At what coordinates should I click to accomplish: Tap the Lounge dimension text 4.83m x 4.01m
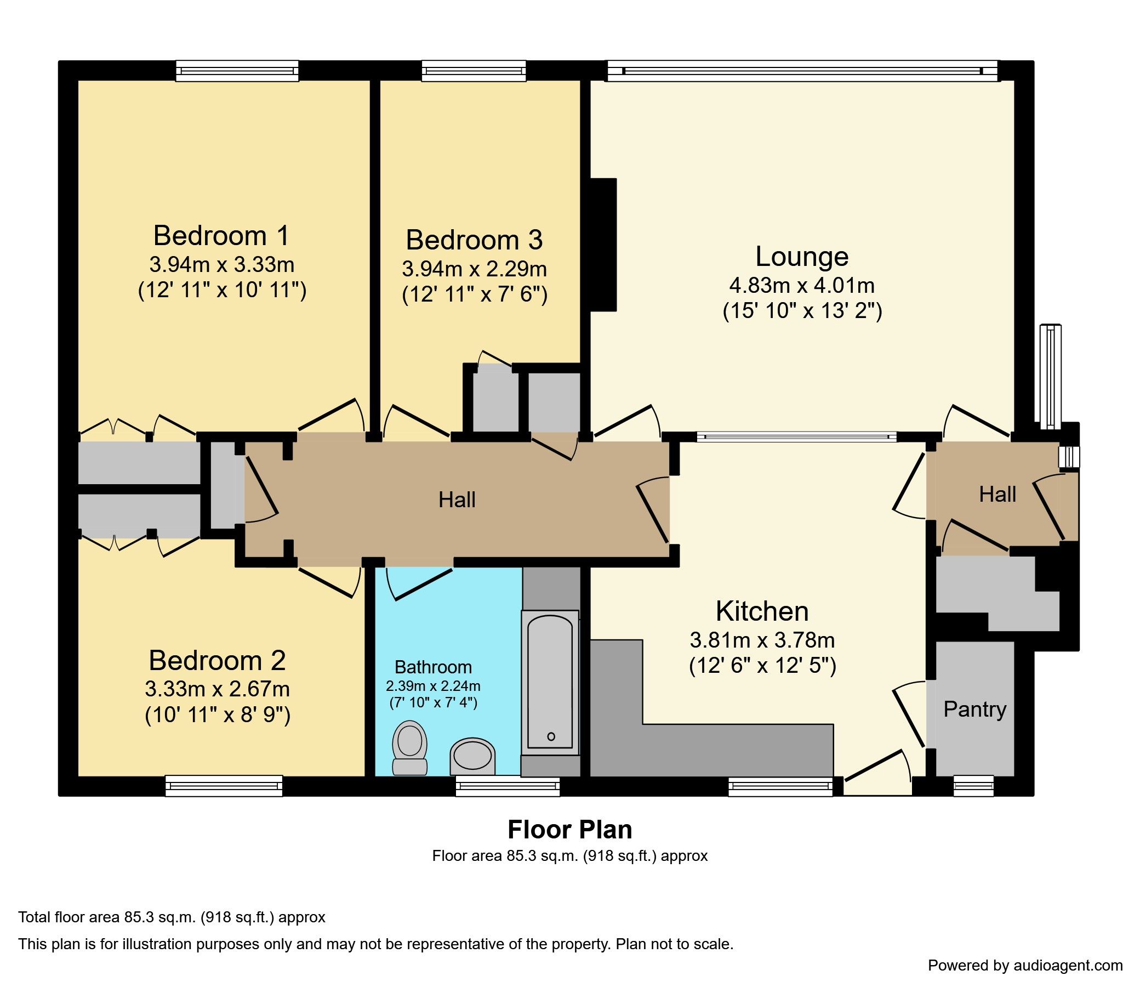801,285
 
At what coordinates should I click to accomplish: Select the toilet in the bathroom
409,746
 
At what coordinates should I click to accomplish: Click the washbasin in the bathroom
472,756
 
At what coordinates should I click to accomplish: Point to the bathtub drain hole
551,736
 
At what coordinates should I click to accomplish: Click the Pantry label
974,710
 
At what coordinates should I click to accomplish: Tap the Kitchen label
762,611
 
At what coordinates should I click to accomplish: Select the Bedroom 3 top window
474,71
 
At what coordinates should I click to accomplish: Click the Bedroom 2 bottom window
224,786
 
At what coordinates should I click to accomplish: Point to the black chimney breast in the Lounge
603,245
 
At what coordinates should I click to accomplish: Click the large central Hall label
457,500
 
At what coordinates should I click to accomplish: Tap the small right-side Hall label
997,495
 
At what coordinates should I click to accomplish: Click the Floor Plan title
569,830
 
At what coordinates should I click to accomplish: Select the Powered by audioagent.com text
1025,965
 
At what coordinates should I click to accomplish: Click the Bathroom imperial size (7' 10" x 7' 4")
433,703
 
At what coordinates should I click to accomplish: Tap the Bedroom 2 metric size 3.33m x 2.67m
217,689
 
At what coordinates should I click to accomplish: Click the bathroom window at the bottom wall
507,786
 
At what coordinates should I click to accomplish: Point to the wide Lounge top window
801,71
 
